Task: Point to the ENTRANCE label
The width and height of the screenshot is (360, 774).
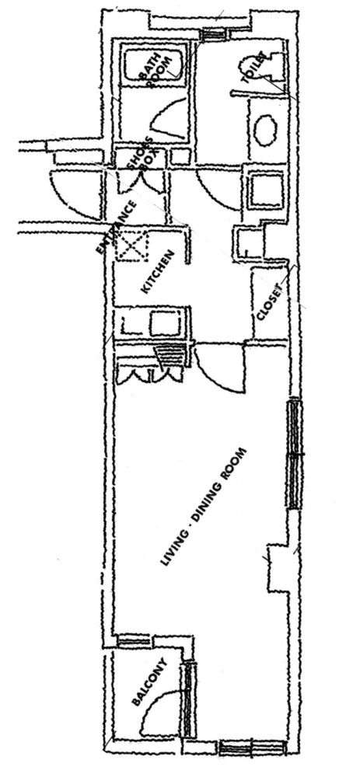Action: click(x=116, y=228)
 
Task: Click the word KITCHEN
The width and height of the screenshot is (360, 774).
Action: click(x=157, y=272)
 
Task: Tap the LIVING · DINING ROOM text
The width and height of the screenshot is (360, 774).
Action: click(x=203, y=507)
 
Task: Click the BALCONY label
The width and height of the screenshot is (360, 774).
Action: click(x=149, y=682)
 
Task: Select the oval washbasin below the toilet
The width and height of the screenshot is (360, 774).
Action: click(x=265, y=131)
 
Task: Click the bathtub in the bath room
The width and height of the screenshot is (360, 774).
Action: click(x=154, y=67)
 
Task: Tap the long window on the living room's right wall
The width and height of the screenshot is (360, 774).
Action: click(x=295, y=454)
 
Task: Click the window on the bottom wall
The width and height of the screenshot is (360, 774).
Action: click(x=253, y=748)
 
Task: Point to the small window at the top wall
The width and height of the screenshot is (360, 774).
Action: click(x=215, y=34)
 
